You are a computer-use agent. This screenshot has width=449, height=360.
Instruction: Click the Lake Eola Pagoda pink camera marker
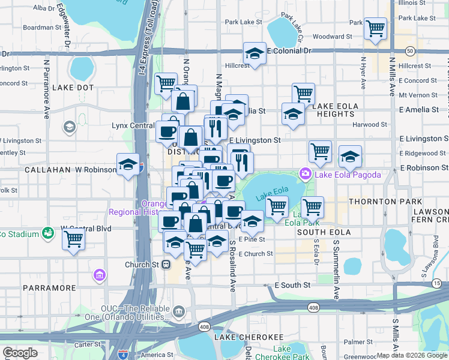click(306, 175)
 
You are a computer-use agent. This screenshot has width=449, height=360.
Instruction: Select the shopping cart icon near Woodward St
click(375, 28)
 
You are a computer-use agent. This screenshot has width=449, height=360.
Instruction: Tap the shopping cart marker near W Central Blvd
click(73, 239)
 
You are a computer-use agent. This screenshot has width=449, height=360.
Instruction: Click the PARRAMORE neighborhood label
click(47, 288)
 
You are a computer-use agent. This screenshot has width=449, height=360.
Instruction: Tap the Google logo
click(20, 353)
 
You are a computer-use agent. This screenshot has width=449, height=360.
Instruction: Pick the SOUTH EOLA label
click(323, 232)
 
